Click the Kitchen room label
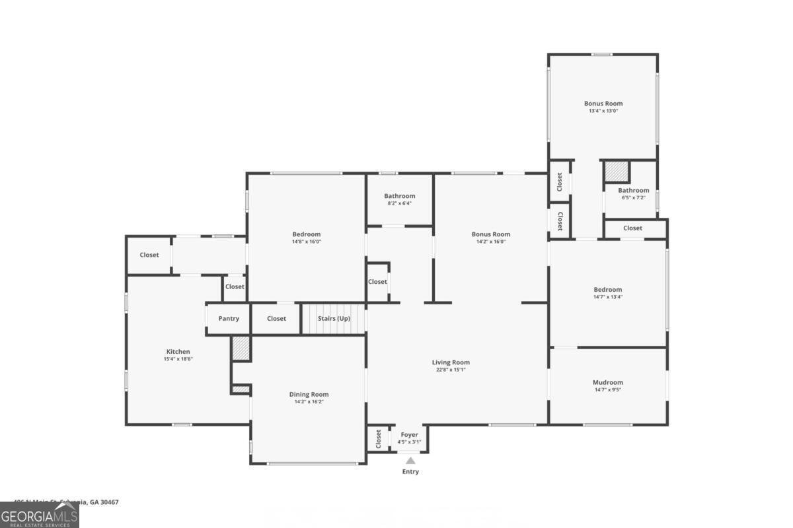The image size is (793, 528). [178, 352]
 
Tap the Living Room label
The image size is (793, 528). [451, 362]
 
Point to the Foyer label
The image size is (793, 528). [409, 435]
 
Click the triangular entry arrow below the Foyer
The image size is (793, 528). [410, 461]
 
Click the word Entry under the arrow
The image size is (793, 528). [410, 472]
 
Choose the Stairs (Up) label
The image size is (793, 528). [334, 319]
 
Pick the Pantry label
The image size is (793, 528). [229, 319]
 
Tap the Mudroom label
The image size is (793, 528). [607, 382]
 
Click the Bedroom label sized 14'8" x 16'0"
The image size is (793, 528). [307, 234]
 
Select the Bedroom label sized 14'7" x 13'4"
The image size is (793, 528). [607, 290]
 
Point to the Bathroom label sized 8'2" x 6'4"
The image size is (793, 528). [400, 196]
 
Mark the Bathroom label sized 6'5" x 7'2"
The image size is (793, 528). [634, 191]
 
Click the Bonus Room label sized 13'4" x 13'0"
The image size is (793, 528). [603, 104]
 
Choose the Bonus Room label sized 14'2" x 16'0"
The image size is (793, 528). [491, 234]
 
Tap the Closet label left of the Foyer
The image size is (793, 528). [379, 438]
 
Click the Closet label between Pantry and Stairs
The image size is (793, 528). [276, 319]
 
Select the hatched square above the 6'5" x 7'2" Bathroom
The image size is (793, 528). [617, 172]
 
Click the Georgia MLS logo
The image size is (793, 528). [40, 515]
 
